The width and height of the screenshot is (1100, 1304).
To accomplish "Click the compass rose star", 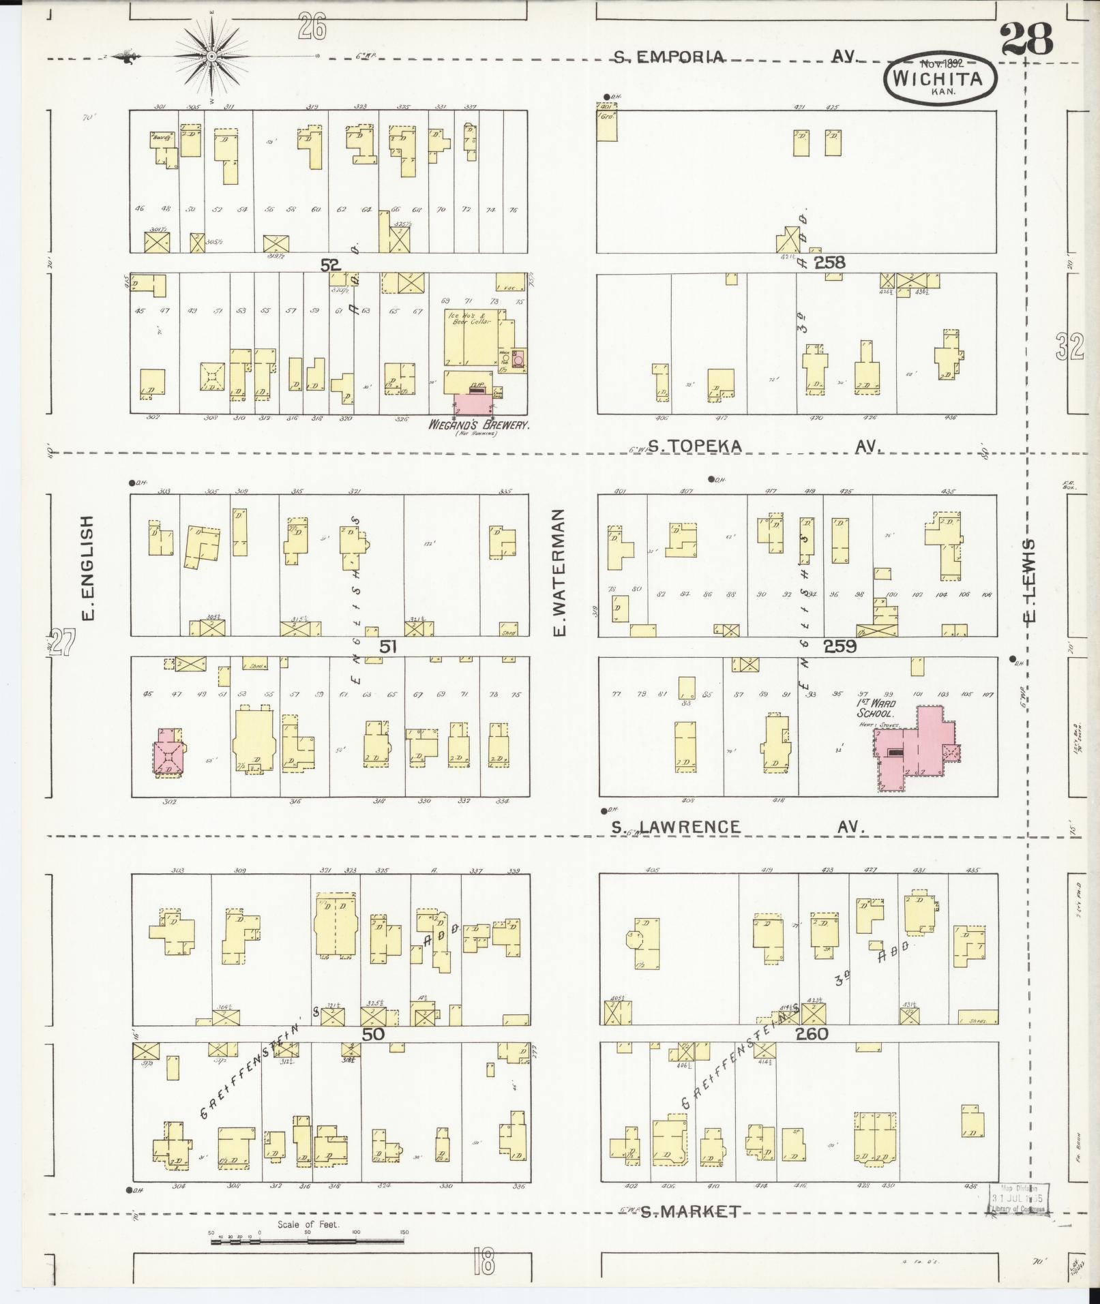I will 212,56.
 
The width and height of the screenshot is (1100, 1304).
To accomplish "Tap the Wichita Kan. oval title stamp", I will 941,79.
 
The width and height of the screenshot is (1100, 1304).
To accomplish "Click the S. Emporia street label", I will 668,57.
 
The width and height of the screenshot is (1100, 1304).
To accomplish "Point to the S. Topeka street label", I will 694,446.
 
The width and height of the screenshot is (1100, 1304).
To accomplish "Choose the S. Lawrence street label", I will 675,827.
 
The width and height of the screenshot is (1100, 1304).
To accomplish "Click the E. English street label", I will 87,567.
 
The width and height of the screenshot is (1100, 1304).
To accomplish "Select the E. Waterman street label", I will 561,572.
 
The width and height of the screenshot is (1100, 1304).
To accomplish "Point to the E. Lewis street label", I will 1030,580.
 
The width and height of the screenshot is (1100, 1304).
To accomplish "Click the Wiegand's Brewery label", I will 479,425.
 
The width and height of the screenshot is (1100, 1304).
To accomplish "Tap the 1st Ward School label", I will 876,708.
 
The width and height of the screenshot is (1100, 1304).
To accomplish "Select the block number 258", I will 829,262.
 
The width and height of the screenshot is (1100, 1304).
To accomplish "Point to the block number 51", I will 387,646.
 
